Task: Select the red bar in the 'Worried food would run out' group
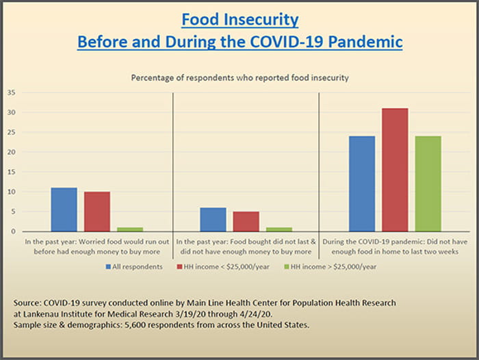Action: (x=96, y=211)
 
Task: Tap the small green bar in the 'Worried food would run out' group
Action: (x=130, y=229)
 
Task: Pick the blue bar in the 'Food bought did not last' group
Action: (x=213, y=220)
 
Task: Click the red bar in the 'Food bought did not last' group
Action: (x=246, y=222)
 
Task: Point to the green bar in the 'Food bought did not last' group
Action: (x=279, y=229)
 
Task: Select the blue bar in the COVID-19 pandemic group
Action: (x=362, y=183)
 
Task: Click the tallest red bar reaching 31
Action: (x=395, y=170)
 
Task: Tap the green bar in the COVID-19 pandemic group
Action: (x=428, y=183)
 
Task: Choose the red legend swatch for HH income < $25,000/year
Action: (x=179, y=266)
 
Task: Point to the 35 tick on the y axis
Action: (x=10, y=92)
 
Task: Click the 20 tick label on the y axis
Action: (x=10, y=152)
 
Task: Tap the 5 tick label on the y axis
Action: (x=12, y=211)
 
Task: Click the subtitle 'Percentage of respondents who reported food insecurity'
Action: (x=239, y=77)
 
